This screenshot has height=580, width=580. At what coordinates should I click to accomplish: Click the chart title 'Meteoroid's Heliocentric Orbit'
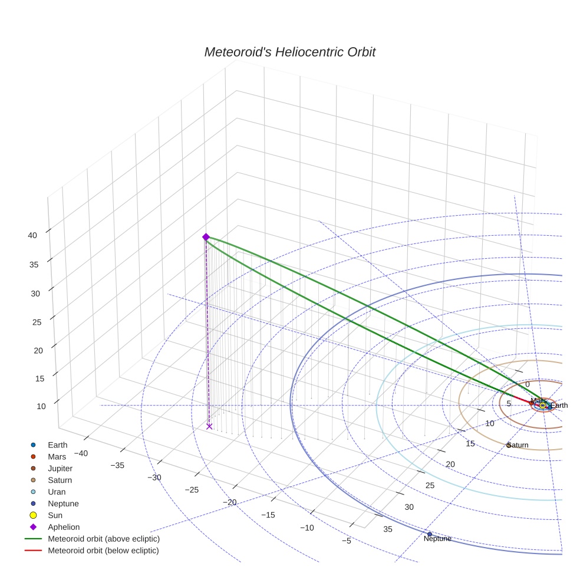(289, 52)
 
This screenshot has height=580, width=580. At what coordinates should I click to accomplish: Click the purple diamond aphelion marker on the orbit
(206, 237)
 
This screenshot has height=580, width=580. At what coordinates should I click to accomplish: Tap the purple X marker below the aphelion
(209, 426)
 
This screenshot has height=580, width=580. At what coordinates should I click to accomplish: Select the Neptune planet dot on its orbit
(430, 534)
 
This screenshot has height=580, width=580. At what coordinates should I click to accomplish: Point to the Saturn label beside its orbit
(518, 445)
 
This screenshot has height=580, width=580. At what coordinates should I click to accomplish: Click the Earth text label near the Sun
(559, 406)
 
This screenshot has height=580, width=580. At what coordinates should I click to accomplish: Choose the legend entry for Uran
(57, 492)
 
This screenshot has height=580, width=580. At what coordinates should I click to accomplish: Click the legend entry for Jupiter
(60, 468)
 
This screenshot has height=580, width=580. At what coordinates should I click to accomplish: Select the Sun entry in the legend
(55, 515)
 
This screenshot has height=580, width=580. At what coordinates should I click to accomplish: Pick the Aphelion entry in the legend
(63, 527)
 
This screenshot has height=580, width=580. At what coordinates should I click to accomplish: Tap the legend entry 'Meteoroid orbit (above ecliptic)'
(104, 539)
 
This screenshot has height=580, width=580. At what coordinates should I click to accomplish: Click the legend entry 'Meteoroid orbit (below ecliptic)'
(103, 551)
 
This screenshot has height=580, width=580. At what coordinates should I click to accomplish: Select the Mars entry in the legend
(57, 456)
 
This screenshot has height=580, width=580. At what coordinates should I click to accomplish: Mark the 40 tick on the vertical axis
(32, 235)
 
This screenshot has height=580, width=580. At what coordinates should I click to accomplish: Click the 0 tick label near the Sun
(527, 384)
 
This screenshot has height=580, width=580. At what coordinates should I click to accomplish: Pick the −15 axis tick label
(268, 515)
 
